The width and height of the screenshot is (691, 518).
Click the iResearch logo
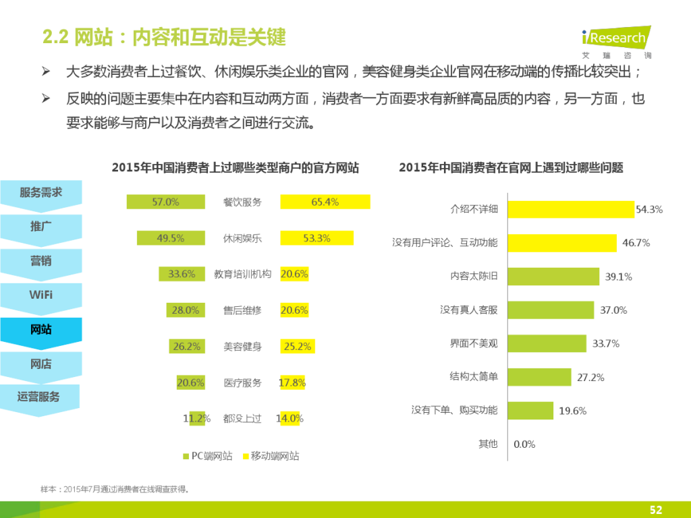click(x=615, y=42)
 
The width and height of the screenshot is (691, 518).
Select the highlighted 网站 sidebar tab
click(x=40, y=330)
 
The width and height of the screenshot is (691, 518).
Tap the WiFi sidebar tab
click(x=40, y=295)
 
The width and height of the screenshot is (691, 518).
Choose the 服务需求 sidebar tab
click(x=40, y=193)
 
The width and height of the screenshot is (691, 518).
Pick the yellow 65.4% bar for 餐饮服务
click(x=325, y=202)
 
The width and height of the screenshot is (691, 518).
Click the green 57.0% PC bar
click(x=165, y=202)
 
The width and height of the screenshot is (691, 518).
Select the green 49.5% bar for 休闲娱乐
click(x=171, y=238)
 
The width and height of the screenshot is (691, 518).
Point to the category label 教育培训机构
click(x=242, y=275)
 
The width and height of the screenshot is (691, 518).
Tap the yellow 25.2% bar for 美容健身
click(x=297, y=347)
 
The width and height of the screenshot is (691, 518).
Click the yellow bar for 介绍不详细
click(x=570, y=210)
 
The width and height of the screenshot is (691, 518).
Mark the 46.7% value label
click(x=636, y=243)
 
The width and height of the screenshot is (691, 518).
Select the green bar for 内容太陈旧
click(x=553, y=277)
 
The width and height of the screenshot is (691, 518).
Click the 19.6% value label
click(x=572, y=411)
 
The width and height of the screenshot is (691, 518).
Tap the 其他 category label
click(x=488, y=444)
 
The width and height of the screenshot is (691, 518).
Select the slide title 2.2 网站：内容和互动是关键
click(x=164, y=37)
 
